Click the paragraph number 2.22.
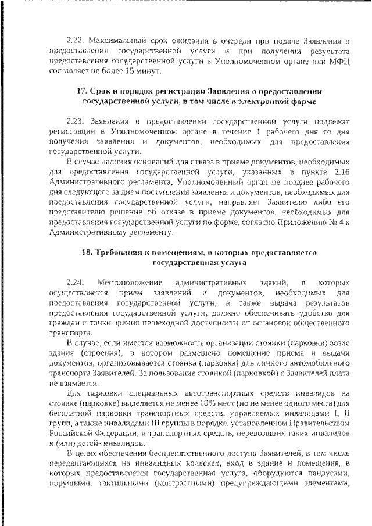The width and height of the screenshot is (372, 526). [x=76, y=41]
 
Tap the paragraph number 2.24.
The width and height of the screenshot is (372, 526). [x=76, y=282]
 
